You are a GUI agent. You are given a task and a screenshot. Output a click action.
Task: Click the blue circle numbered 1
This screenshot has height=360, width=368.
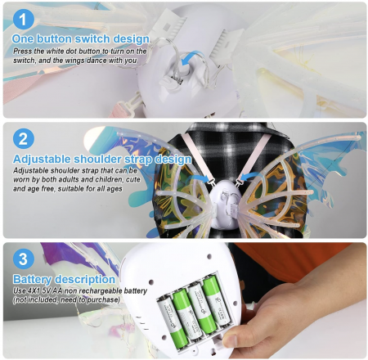[x=24, y=19]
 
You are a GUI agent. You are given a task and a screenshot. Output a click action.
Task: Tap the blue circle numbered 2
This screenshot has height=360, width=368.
[x=24, y=138]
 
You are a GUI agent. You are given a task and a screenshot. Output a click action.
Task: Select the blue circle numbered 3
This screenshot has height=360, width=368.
[x=24, y=259]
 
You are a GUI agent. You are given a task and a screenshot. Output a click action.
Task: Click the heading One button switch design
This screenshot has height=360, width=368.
[x=81, y=39]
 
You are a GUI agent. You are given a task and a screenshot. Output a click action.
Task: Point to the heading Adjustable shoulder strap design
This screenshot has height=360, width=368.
[x=102, y=159]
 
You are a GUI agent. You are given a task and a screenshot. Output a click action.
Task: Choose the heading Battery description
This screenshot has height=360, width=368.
[x=64, y=279]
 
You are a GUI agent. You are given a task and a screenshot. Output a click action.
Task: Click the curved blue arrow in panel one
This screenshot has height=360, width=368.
[x=191, y=57]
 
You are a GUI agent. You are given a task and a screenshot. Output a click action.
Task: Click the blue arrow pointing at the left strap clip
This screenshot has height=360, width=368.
[x=202, y=178]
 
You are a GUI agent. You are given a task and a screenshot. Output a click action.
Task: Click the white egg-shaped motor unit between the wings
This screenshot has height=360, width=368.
[x=225, y=204]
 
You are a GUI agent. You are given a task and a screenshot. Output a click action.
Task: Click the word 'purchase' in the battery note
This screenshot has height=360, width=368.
[x=103, y=300]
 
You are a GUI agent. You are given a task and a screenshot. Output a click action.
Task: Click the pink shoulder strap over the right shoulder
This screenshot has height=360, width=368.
[x=254, y=157]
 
